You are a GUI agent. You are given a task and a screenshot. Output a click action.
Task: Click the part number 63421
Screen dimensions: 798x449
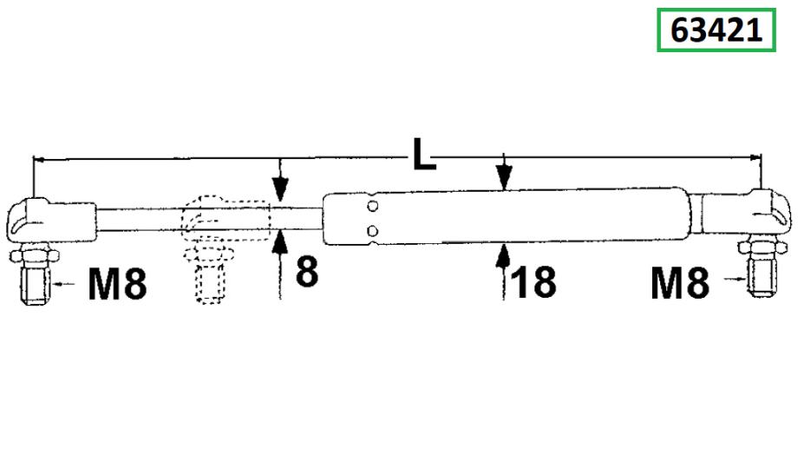pyautogui.click(x=716, y=30)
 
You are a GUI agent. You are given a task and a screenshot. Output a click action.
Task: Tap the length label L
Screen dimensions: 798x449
pyautogui.click(x=424, y=154)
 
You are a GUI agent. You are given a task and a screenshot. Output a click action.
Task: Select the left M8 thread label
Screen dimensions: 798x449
pyautogui.click(x=117, y=283)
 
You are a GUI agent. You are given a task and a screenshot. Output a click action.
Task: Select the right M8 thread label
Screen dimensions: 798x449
pyautogui.click(x=679, y=282)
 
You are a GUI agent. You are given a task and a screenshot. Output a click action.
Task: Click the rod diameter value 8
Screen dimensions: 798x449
pyautogui.click(x=307, y=271)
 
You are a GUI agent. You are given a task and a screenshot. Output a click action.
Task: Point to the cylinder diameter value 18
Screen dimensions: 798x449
pyautogui.click(x=533, y=282)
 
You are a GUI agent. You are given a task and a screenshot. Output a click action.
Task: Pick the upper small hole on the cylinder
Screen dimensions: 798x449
pyautogui.click(x=372, y=207)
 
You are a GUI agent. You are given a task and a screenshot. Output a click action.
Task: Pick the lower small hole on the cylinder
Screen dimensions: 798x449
pyautogui.click(x=372, y=231)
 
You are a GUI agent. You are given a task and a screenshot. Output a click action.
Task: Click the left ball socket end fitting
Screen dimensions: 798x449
pyautogui.click(x=51, y=221)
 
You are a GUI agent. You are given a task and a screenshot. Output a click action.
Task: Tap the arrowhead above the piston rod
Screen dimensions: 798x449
pyautogui.click(x=280, y=188)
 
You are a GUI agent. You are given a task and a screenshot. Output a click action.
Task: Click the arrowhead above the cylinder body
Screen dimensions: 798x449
pyautogui.click(x=504, y=178)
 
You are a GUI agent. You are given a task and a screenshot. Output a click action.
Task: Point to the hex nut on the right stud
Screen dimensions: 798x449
pyautogui.click(x=762, y=248)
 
